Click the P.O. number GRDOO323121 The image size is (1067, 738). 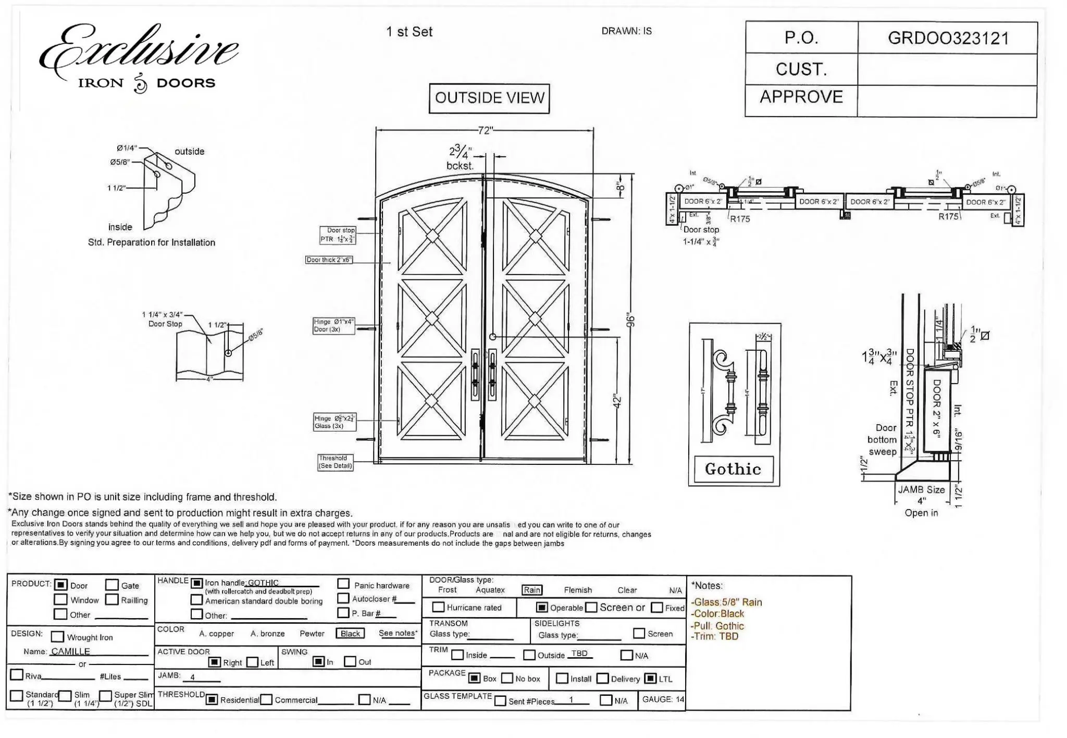[x=948, y=38]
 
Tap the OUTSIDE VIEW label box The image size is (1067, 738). [x=489, y=98]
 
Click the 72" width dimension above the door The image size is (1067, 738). [x=485, y=130]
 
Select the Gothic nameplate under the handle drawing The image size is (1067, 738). [x=733, y=469]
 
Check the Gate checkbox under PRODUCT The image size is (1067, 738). [x=112, y=585]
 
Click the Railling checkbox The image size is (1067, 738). [x=112, y=599]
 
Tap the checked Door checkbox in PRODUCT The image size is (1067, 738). [x=61, y=585]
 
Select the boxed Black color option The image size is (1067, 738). [x=350, y=633]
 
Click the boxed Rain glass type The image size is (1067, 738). [x=532, y=590]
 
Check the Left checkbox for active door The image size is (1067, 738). [x=253, y=662]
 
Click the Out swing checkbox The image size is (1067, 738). [x=350, y=661]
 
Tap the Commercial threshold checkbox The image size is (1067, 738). [x=266, y=699]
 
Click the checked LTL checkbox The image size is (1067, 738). [x=650, y=679]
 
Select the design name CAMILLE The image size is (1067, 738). [x=70, y=651]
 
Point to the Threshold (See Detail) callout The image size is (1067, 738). [x=335, y=462]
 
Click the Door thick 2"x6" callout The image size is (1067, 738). [x=329, y=260]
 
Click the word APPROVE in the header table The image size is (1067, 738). [x=801, y=97]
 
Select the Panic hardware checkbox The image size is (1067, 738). [x=343, y=584]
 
